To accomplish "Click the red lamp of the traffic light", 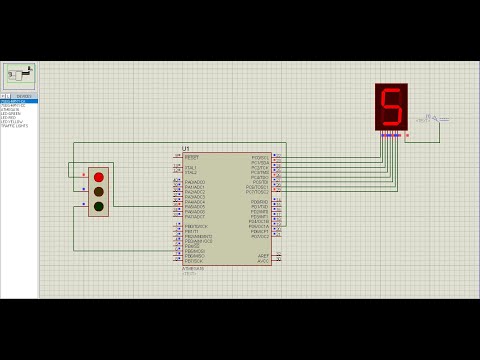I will (98, 177).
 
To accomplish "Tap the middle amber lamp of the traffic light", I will (98, 191).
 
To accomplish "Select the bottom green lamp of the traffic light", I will (98, 206).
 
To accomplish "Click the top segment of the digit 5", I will (392, 91).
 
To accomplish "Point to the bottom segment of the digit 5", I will (390, 123).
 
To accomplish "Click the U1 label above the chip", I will (186, 149).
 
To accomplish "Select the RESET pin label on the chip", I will (192, 157).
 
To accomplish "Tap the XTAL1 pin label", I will (191, 167).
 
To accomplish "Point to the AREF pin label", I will (263, 255).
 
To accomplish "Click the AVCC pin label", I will (263, 260).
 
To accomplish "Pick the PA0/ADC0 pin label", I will (195, 182).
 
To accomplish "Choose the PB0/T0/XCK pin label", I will (197, 226).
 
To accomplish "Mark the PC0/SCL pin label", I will (259, 157).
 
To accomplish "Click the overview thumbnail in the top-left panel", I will (20, 75).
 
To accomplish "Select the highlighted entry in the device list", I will (19, 101).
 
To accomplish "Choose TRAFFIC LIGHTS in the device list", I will (15, 126).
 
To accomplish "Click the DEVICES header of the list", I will (24, 96).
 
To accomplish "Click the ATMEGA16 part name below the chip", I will (193, 268).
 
